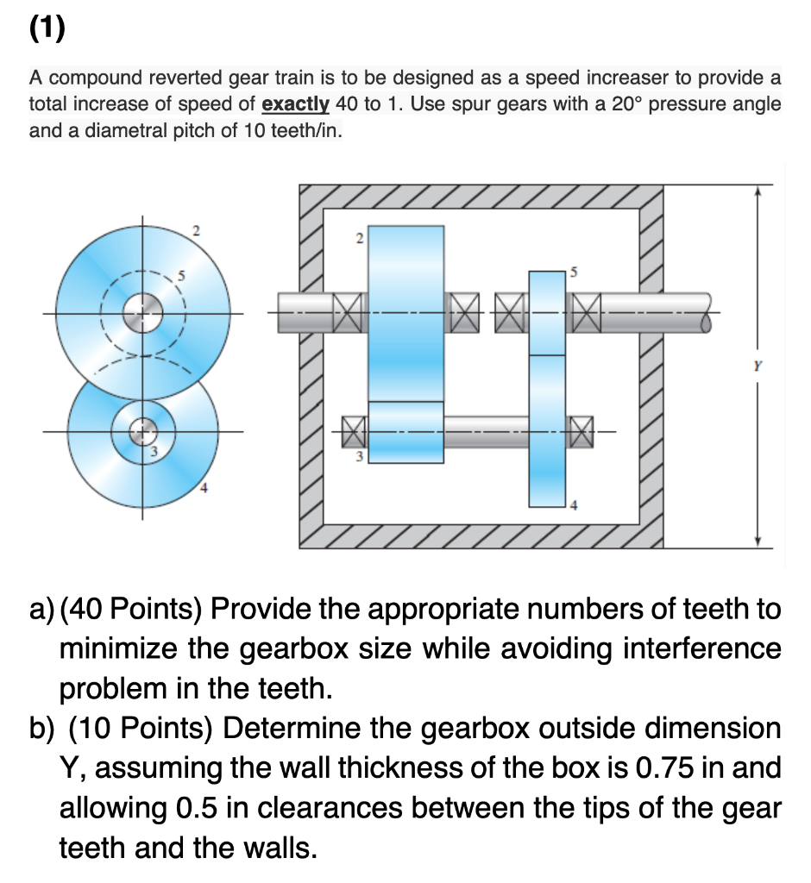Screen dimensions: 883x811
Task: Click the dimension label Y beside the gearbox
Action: click(x=757, y=364)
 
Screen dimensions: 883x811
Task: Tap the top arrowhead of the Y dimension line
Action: click(x=757, y=191)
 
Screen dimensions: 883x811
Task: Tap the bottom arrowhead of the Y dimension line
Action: click(x=757, y=540)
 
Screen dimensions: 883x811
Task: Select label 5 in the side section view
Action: click(x=572, y=272)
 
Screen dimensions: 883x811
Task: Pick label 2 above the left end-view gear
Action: click(x=196, y=230)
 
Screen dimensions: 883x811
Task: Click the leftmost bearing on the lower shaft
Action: click(x=354, y=427)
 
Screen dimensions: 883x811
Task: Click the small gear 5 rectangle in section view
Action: click(x=547, y=312)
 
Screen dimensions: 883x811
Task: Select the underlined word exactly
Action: click(x=295, y=104)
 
